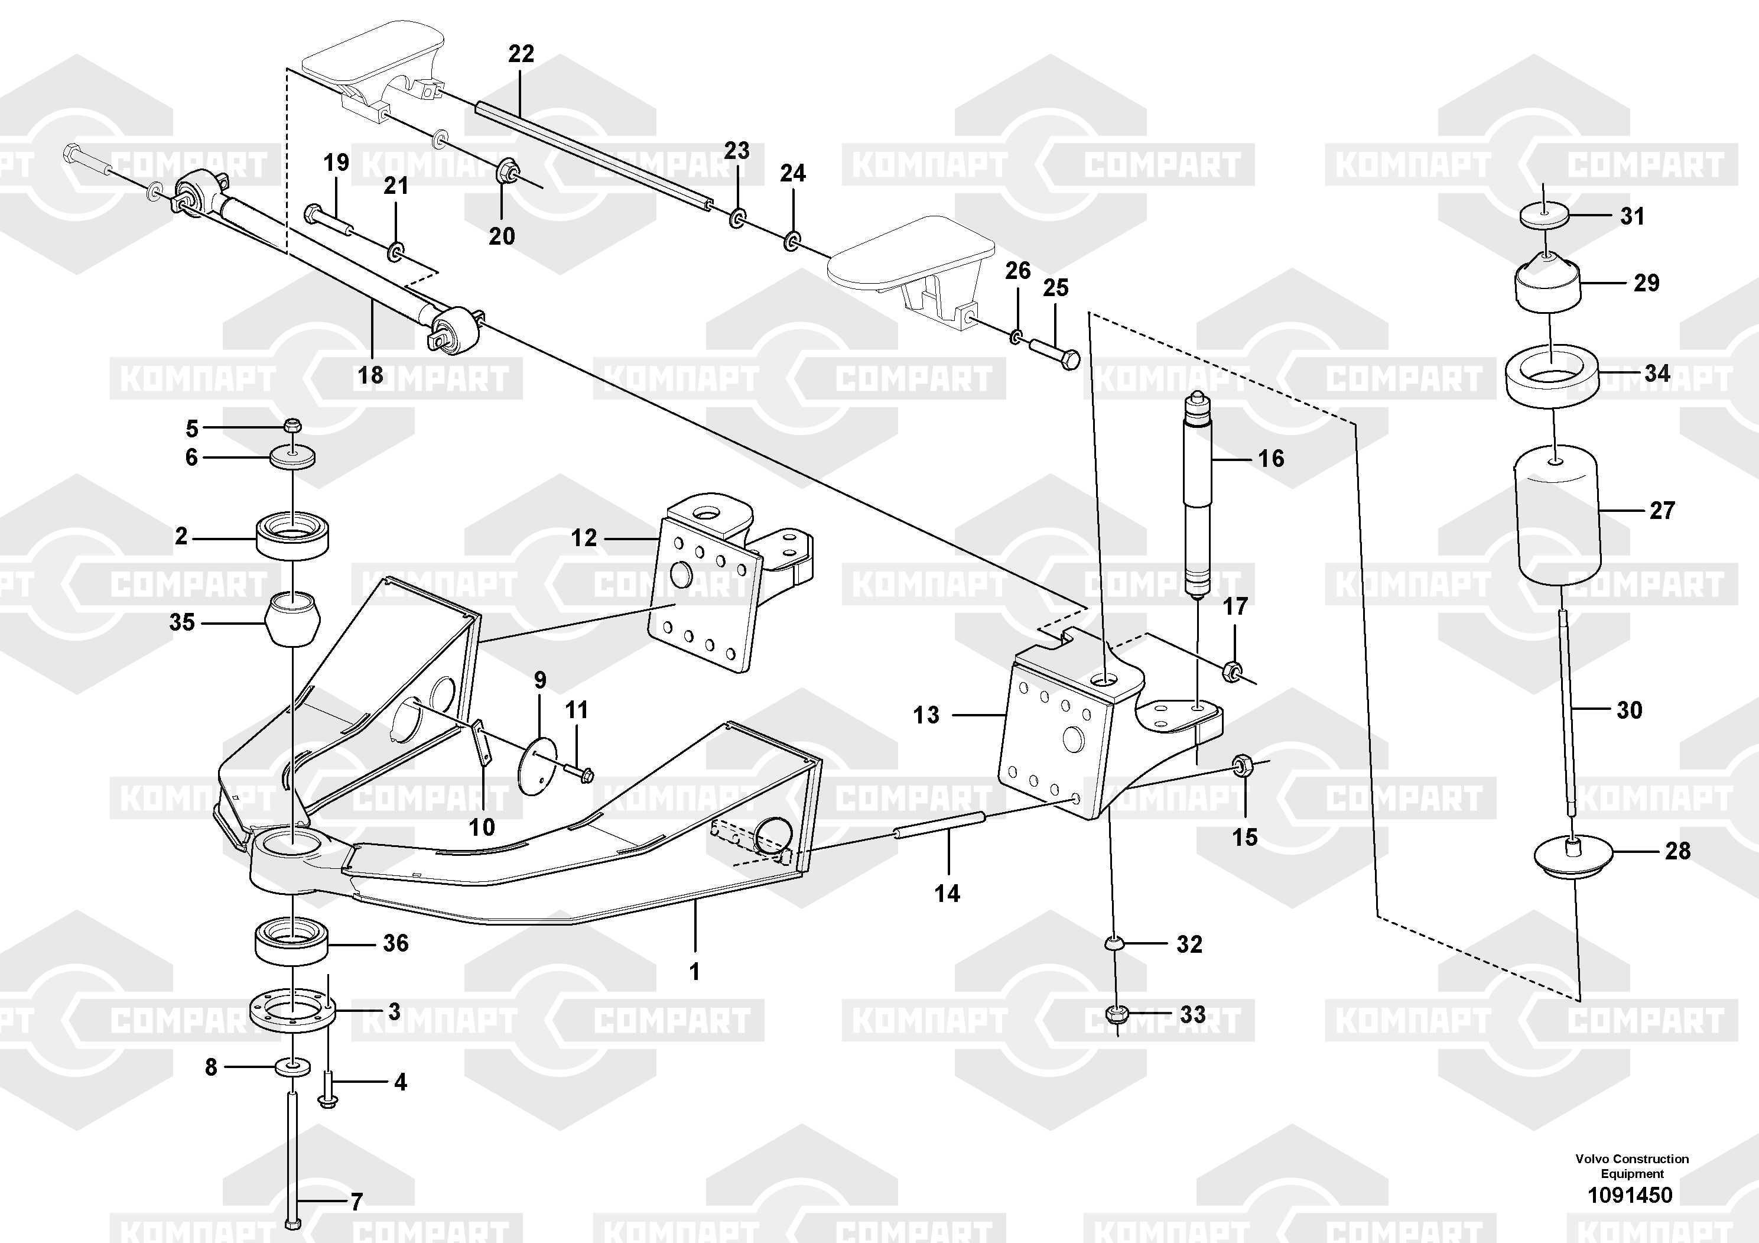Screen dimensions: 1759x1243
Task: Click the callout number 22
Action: coord(521,54)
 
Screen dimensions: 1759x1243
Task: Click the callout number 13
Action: coord(925,715)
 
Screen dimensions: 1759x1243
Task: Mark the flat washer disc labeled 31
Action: coord(1545,215)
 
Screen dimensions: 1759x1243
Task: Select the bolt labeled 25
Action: coord(1054,352)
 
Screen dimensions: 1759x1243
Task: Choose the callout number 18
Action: coord(371,375)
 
